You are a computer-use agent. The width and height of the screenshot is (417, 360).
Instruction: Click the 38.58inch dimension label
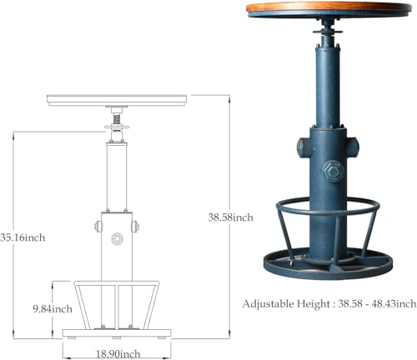point(231,217)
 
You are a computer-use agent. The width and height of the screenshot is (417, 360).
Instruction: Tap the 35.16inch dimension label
point(23,237)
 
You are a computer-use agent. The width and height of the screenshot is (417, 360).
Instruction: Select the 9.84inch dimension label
point(53,309)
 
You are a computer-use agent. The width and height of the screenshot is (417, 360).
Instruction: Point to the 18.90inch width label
point(118,354)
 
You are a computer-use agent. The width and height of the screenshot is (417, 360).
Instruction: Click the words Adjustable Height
point(286,304)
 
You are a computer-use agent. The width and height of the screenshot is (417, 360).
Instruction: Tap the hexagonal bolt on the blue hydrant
point(333,172)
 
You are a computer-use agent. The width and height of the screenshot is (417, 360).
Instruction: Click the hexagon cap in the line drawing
point(117,238)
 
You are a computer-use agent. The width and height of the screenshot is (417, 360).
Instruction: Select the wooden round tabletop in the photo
point(329,8)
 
